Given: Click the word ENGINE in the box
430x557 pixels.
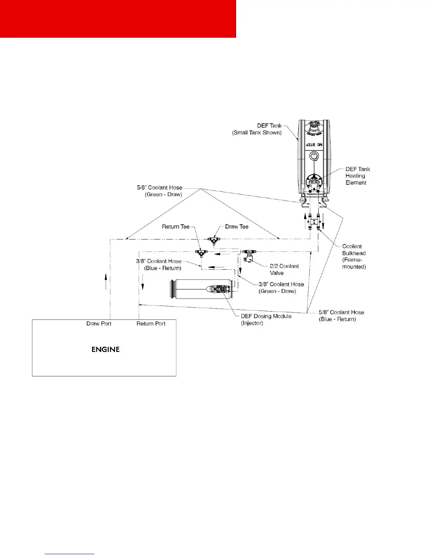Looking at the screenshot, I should click(105, 350).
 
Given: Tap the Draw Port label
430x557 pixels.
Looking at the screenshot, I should click(99, 324).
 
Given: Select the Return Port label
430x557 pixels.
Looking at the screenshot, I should click(151, 324).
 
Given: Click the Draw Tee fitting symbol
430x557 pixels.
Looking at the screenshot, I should click(213, 240).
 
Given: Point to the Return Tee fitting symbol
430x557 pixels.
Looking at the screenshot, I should click(201, 252).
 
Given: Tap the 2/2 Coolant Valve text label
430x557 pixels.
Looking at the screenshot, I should click(284, 269).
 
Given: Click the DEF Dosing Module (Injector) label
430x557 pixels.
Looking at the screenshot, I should click(266, 319).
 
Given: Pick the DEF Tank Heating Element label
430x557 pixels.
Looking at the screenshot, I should click(357, 176).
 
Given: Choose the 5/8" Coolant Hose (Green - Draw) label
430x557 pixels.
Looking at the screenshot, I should click(160, 191).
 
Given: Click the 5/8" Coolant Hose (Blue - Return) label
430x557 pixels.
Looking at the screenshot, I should click(341, 316).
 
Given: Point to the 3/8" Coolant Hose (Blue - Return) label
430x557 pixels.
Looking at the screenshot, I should click(159, 264).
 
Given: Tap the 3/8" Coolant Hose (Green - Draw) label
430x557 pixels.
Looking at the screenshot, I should click(281, 288).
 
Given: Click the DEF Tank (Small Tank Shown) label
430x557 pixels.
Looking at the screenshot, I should click(257, 129).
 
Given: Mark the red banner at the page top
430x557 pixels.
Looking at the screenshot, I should click(118, 18).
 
